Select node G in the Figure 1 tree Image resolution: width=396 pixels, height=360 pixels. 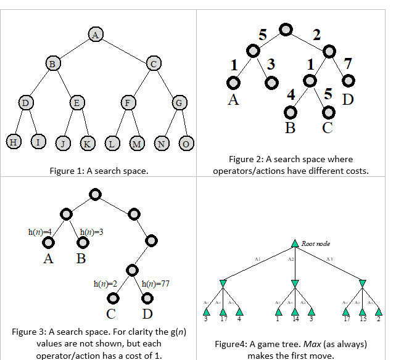click(x=178, y=103)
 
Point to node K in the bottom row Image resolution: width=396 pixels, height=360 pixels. click(x=87, y=144)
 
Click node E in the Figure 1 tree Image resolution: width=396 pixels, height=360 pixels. click(x=76, y=102)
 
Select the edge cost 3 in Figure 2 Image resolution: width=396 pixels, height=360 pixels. click(x=271, y=64)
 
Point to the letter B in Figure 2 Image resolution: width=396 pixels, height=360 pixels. click(x=290, y=128)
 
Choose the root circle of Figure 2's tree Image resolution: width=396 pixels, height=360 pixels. click(x=285, y=29)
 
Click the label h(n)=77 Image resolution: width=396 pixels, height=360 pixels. click(x=155, y=284)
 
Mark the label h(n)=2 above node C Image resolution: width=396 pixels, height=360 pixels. click(x=105, y=284)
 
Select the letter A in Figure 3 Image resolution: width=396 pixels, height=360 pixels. click(x=49, y=258)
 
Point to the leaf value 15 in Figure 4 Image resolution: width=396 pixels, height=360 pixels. click(x=363, y=319)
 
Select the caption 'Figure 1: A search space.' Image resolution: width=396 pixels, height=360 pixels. click(x=99, y=171)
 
